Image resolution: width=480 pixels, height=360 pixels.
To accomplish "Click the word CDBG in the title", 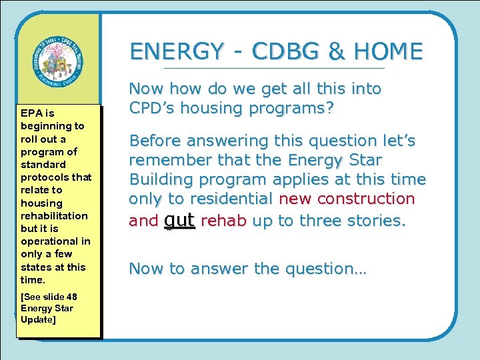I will point(276,51).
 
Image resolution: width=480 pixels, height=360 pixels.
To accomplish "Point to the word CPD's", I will point(155,108).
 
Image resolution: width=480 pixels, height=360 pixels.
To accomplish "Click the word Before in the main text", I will point(155,141).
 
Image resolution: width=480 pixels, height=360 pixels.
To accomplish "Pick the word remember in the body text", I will point(165,160).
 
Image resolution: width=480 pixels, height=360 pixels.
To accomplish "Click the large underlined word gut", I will point(179,220).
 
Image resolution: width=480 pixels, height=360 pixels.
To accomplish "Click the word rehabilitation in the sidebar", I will point(54,215).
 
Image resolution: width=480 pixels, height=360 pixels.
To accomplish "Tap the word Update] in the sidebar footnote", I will point(39,320).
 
